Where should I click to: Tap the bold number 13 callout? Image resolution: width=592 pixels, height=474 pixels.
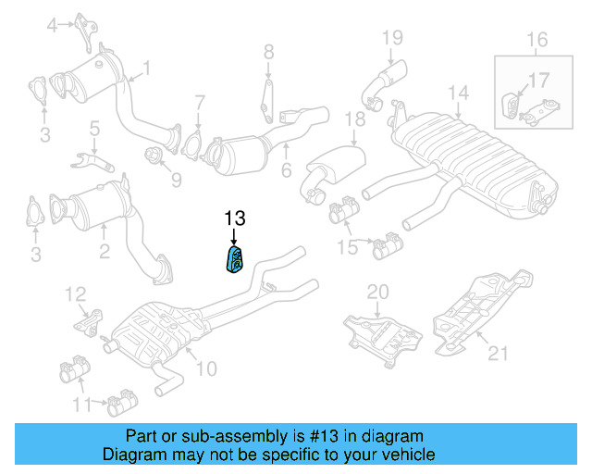click(235, 219)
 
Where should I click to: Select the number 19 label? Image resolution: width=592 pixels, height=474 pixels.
click(393, 37)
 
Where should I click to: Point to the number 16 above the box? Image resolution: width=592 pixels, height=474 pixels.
click(537, 40)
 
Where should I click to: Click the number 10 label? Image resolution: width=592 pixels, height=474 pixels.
click(205, 368)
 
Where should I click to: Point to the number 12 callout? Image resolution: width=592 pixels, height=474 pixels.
click(75, 294)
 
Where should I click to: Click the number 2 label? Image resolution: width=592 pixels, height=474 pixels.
click(105, 249)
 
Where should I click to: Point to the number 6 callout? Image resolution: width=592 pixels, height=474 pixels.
click(286, 170)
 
